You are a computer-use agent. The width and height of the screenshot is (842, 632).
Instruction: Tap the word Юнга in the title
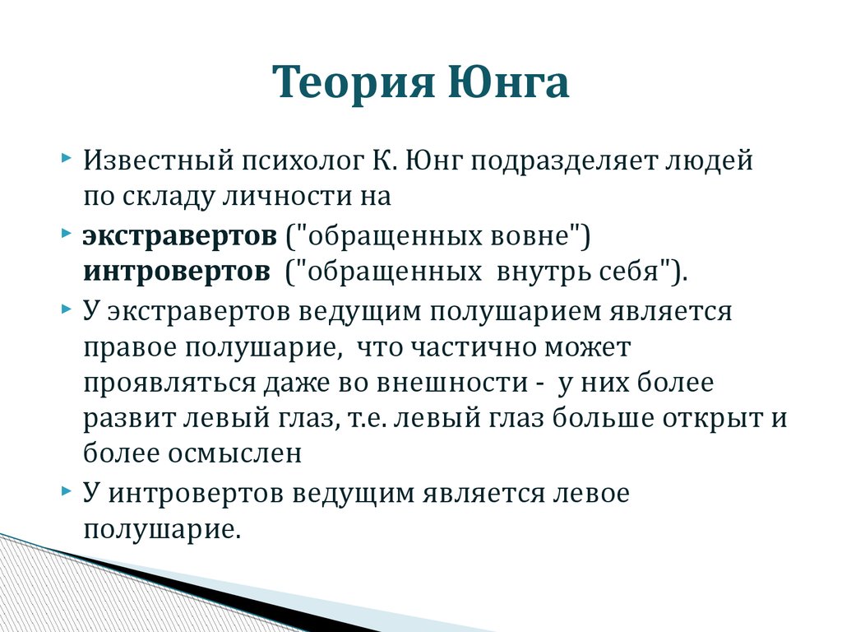click(x=508, y=81)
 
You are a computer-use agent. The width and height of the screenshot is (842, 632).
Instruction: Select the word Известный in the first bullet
click(x=159, y=160)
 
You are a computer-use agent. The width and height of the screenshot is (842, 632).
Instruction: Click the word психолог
click(x=303, y=160)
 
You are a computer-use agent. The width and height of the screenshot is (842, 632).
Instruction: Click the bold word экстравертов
click(x=180, y=235)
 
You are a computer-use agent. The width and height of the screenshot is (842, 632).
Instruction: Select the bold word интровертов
click(x=177, y=272)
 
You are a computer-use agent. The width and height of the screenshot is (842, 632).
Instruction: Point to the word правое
click(x=130, y=348)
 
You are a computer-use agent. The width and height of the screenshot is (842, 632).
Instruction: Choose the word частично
click(x=474, y=348)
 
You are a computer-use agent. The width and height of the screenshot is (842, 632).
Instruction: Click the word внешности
click(x=452, y=383)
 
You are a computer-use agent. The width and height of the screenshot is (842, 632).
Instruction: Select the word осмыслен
click(x=234, y=454)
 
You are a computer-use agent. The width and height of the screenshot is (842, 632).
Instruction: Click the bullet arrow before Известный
click(x=66, y=159)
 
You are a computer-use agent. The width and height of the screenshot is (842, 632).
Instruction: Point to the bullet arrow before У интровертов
click(x=66, y=490)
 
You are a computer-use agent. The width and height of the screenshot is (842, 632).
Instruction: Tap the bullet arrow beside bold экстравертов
click(x=66, y=234)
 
